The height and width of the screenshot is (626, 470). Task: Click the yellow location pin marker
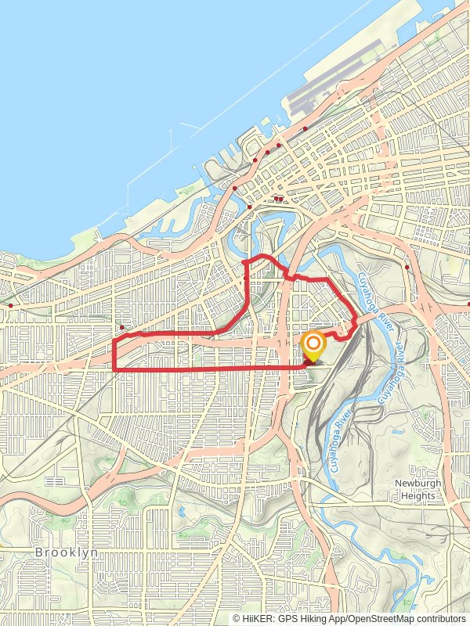[313, 347]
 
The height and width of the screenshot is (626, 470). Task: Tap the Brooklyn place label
[66, 552]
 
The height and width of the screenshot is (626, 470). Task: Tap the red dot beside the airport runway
[305, 128]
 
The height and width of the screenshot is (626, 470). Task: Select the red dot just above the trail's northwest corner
[122, 328]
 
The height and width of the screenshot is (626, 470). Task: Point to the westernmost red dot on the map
[10, 305]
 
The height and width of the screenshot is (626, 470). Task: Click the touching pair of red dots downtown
[278, 199]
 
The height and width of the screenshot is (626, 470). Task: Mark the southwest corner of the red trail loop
[114, 369]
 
